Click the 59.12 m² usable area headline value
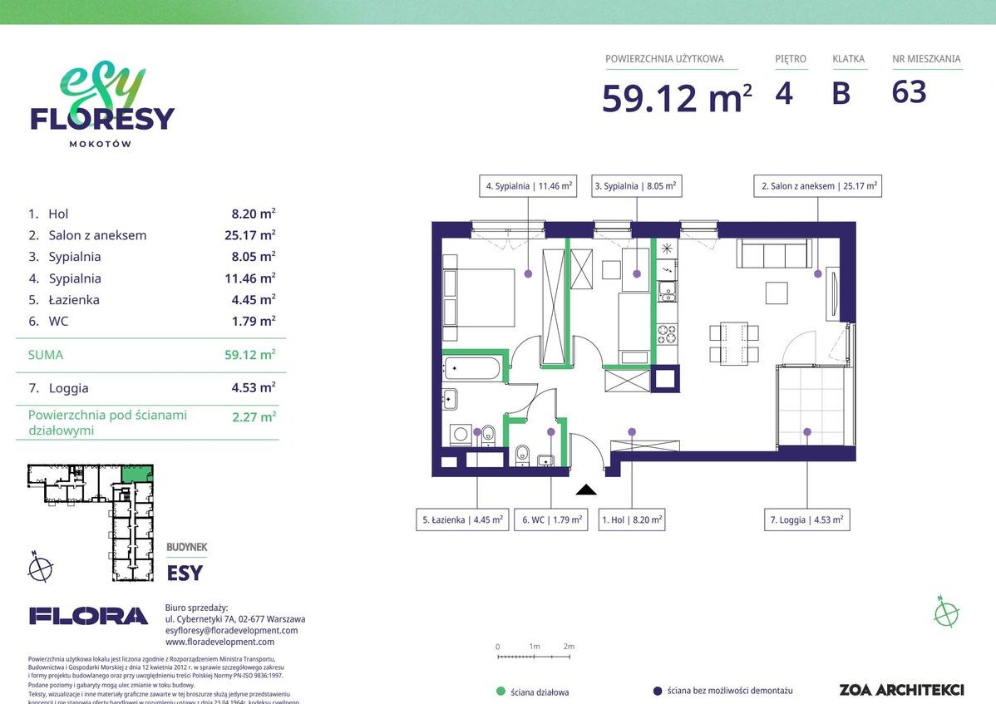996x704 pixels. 677,98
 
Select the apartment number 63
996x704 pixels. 909,92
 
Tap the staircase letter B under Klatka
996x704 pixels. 841,93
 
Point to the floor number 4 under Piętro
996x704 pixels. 783,93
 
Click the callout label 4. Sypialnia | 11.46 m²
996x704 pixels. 529,187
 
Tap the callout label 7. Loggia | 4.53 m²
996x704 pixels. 806,520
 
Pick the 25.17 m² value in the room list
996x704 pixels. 244,235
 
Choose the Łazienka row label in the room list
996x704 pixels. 73,300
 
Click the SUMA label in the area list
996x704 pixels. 45,355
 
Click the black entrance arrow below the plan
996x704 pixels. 586,490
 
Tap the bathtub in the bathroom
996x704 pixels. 473,369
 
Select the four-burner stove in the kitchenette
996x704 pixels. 667,334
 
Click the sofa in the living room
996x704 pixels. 773,254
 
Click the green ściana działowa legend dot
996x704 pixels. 500,691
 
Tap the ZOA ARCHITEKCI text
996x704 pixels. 901,690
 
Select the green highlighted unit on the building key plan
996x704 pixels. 132,474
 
